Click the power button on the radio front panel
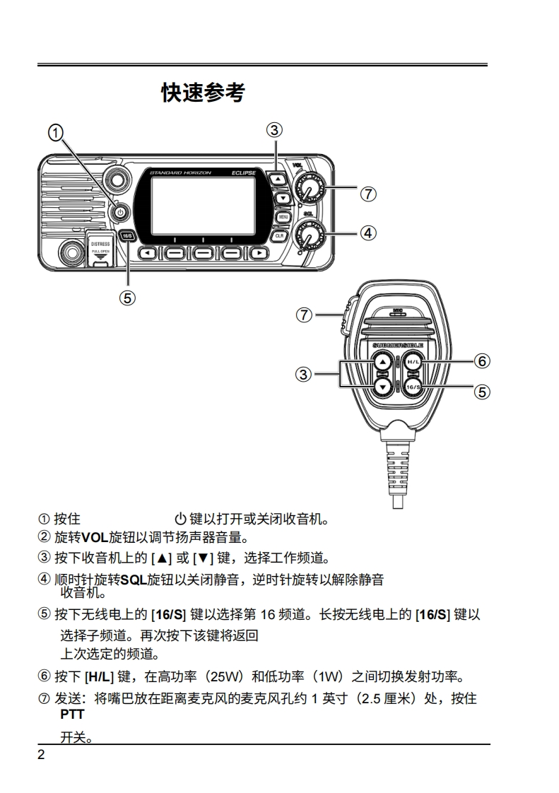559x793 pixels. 121,212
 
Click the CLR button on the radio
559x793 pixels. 281,235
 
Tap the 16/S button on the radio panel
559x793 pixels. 128,236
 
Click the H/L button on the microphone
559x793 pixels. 413,363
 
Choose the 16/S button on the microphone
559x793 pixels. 413,387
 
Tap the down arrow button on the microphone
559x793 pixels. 382,386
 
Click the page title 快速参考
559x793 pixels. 203,93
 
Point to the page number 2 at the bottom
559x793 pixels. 41,754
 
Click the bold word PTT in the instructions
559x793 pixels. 72,715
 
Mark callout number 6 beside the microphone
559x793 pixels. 482,361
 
